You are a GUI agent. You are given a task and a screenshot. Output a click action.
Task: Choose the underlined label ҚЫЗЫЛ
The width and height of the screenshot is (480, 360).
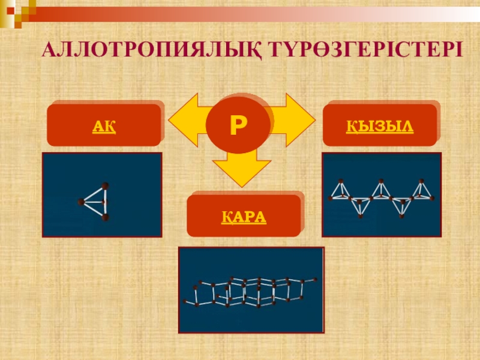380,127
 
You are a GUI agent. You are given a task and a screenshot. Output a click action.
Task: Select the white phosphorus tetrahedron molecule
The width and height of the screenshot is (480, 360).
97,202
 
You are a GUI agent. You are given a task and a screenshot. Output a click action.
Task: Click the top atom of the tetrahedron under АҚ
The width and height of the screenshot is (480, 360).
106,185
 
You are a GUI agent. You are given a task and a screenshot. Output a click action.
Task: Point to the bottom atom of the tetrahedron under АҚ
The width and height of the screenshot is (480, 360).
106,217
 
